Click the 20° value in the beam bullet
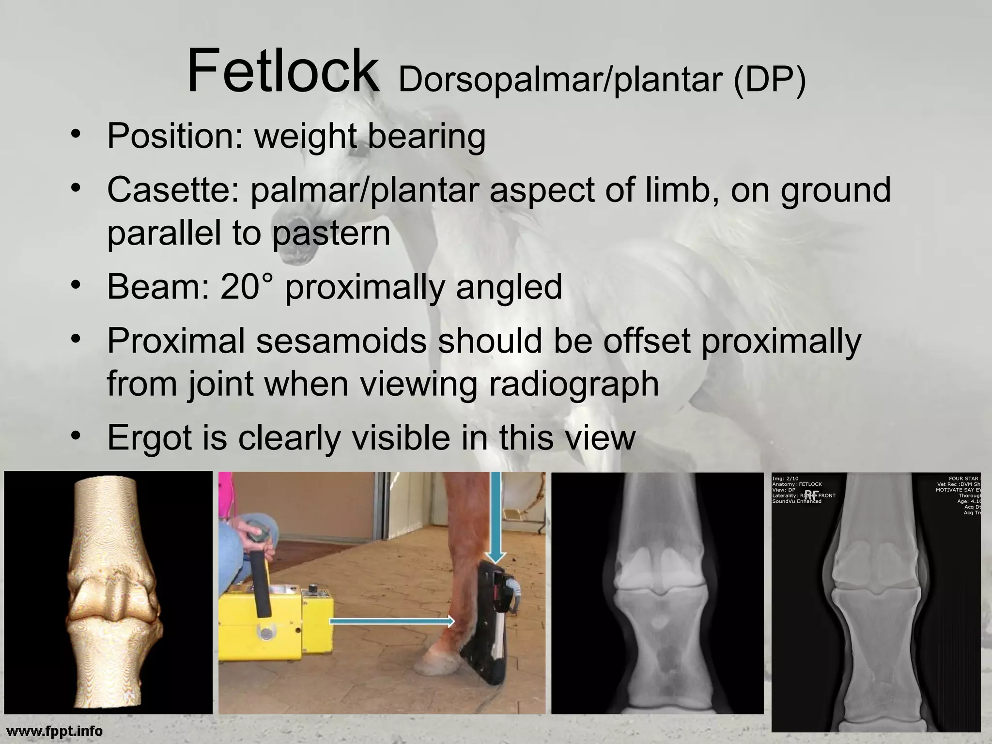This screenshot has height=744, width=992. (x=246, y=287)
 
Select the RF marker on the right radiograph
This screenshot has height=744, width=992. (x=812, y=495)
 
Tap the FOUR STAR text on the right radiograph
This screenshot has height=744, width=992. (x=963, y=479)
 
